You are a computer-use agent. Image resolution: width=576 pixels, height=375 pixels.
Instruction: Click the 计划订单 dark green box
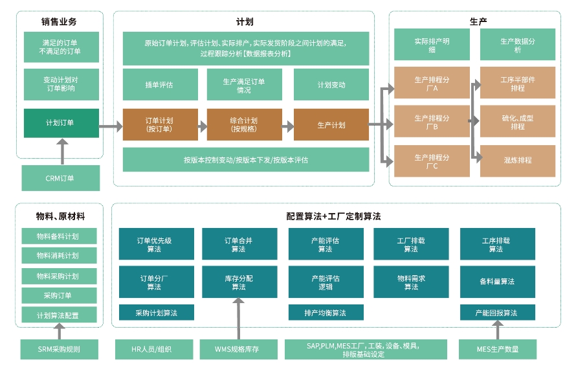point(61,123)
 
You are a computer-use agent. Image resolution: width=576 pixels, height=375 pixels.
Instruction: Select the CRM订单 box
point(61,178)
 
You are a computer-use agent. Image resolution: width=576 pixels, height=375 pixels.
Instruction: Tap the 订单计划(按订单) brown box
point(159,124)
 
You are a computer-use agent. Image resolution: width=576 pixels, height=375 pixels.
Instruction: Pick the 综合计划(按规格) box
point(244,124)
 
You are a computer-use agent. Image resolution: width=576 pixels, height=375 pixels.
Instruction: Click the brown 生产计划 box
point(331,124)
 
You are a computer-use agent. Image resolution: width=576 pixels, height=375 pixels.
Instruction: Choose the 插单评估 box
point(159,85)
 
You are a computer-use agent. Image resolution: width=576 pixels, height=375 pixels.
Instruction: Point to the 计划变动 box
point(331,85)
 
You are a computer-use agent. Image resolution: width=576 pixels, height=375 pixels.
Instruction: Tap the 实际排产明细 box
point(432,45)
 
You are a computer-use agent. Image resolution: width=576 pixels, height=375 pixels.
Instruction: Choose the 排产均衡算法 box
point(325,313)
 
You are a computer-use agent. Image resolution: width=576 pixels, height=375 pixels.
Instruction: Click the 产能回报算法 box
point(496,313)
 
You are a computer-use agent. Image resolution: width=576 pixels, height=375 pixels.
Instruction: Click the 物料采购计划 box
point(58,276)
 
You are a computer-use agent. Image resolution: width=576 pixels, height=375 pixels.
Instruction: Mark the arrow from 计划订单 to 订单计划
point(111,128)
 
